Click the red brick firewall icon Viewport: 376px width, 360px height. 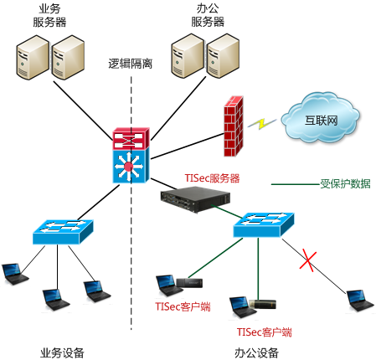pyautogui.click(x=234, y=126)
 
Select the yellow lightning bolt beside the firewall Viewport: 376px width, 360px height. pyautogui.click(x=262, y=123)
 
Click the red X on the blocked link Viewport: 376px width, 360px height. pyautogui.click(x=308, y=261)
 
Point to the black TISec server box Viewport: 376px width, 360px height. pyautogui.click(x=195, y=200)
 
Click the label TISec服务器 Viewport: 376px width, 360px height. pyautogui.click(x=212, y=178)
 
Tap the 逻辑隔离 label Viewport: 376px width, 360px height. pyautogui.click(x=131, y=64)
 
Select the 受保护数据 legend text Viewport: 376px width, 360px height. pyautogui.click(x=345, y=184)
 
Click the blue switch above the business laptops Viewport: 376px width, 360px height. pyautogui.click(x=63, y=232)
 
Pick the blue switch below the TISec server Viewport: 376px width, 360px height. pyautogui.click(x=264, y=225)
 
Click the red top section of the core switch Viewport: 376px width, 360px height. pyautogui.click(x=131, y=138)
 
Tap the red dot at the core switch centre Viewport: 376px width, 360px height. pyautogui.click(x=128, y=167)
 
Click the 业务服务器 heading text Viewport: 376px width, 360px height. pyautogui.click(x=49, y=16)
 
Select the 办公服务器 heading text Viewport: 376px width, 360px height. pyautogui.click(x=208, y=15)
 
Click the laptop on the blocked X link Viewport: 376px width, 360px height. pyautogui.click(x=360, y=301)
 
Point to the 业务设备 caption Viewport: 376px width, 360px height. pyautogui.click(x=62, y=352)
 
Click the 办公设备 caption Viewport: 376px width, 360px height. pyautogui.click(x=256, y=352)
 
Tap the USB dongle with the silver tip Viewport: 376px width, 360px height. pyautogui.click(x=262, y=304)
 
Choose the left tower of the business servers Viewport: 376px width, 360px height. pyautogui.click(x=33, y=58)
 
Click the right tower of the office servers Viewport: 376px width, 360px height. pyautogui.click(x=223, y=56)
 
